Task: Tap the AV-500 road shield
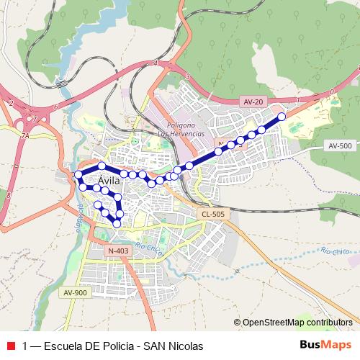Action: [339, 145]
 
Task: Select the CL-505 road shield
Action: [213, 214]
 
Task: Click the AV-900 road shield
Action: [75, 292]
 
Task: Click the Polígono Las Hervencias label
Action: [181, 130]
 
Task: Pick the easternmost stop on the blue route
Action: [282, 116]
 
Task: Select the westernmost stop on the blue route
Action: [78, 174]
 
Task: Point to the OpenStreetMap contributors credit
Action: [293, 323]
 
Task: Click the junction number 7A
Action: [24, 135]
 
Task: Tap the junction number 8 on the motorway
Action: [6, 195]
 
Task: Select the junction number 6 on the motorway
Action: [55, 107]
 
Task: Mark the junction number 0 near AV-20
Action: [331, 91]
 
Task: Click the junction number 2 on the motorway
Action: [11, 103]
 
